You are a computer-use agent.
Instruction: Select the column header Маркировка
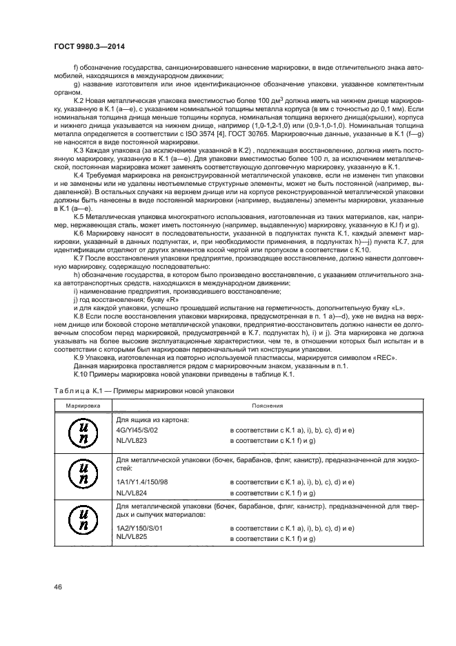[x=81, y=406]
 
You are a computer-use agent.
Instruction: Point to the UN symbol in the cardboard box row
[x=81, y=433]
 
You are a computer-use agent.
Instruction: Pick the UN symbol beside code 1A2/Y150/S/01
[x=81, y=522]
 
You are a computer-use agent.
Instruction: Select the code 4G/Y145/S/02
[x=137, y=430]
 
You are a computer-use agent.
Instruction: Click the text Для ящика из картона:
[x=152, y=419]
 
